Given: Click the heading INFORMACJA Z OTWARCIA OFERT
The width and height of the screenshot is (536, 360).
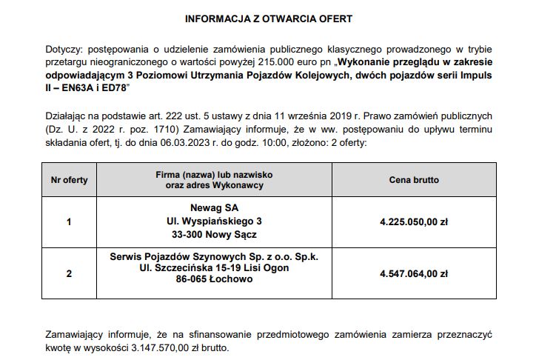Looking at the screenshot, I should pyautogui.click(x=269, y=17).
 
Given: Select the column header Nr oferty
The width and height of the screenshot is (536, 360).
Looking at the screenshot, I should pyautogui.click(x=69, y=179).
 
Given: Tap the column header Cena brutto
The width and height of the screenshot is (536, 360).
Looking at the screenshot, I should pyautogui.click(x=414, y=179).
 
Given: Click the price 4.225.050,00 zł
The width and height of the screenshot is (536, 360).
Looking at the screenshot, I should pyautogui.click(x=414, y=221).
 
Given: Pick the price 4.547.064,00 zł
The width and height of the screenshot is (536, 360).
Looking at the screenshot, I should pyautogui.click(x=414, y=273).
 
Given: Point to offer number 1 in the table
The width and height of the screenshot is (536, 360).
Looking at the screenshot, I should pyautogui.click(x=69, y=221).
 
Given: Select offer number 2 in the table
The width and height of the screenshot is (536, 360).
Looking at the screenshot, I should pyautogui.click(x=69, y=273).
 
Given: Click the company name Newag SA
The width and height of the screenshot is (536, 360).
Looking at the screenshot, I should pyautogui.click(x=215, y=207).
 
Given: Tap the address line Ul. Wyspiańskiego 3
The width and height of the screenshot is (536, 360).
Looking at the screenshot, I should pyautogui.click(x=215, y=221).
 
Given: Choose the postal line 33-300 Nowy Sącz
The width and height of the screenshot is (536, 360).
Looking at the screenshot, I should pyautogui.click(x=215, y=234).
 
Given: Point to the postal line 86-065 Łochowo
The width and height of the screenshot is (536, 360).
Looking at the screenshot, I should pyautogui.click(x=215, y=280).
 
